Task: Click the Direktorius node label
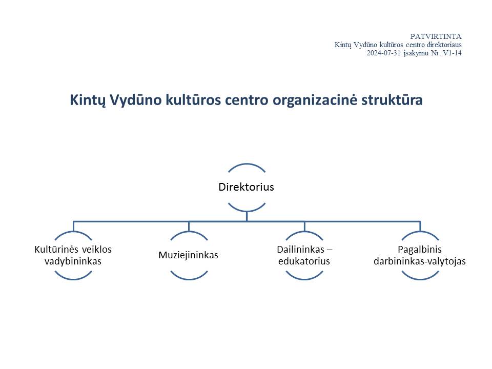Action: (x=247, y=187)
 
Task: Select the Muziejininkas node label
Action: (x=188, y=255)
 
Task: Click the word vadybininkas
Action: (x=73, y=261)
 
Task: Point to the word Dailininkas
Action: (x=301, y=250)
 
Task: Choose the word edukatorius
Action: (x=304, y=261)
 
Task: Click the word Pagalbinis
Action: (x=420, y=250)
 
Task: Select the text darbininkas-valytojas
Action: (x=420, y=261)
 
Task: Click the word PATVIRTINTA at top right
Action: (x=436, y=36)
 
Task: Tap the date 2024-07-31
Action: (x=384, y=53)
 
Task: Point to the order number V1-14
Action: (x=452, y=53)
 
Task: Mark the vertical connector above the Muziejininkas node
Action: (x=189, y=226)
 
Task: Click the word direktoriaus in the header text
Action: (x=444, y=45)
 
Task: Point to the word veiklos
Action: (x=97, y=250)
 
